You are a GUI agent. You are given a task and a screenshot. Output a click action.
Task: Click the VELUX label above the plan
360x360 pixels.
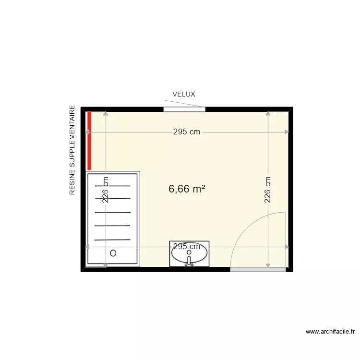click(184, 95)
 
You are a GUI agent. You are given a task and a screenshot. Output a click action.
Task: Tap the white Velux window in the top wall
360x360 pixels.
click(184, 109)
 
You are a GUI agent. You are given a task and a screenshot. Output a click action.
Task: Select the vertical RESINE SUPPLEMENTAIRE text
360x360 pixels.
click(72, 150)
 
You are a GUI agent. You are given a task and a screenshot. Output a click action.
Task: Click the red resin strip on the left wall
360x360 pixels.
click(89, 140)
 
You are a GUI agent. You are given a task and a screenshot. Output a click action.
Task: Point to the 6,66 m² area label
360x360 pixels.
click(187, 189)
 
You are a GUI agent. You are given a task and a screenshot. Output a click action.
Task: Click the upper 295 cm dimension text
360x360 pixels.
click(187, 132)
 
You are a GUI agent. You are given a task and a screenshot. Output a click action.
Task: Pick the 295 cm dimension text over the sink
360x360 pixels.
click(187, 247)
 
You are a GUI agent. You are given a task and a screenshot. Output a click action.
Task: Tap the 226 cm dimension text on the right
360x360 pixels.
click(268, 190)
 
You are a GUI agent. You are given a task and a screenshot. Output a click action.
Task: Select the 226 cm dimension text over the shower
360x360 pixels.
click(106, 190)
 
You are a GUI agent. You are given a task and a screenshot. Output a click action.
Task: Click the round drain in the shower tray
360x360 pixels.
click(113, 252)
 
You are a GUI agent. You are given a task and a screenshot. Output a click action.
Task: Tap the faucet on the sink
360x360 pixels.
click(190, 261)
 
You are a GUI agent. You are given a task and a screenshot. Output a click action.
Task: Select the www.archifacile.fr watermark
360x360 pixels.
click(330, 331)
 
